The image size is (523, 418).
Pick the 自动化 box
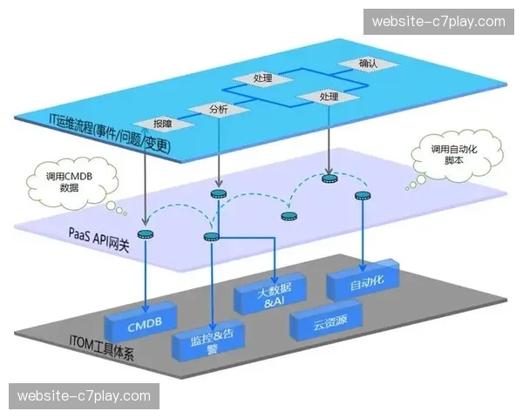tap(363, 280)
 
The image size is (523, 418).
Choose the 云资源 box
tap(324, 325)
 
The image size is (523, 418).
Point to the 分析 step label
tap(219, 110)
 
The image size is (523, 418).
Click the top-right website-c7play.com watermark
tap(438, 21)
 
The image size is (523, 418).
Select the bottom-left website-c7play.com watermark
tap(84, 397)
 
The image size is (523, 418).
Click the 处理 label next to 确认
tap(329, 96)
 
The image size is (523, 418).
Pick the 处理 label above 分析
tap(263, 79)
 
